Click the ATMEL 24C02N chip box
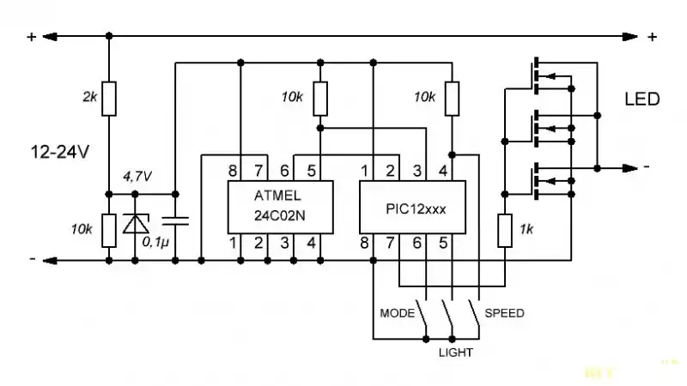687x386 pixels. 281,207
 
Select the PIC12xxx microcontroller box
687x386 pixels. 412,207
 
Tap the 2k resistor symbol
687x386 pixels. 109,99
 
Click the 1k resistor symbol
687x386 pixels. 505,230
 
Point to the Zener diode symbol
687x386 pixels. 136,224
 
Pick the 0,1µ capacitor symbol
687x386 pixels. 175,220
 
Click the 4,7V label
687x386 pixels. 137,177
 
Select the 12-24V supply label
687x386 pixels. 59,153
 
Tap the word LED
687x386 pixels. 641,100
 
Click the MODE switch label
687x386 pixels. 397,313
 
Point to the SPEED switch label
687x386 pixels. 504,313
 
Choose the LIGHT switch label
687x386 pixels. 456,353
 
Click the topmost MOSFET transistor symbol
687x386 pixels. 552,76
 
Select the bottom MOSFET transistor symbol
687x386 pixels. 552,181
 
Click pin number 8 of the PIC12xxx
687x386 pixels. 364,244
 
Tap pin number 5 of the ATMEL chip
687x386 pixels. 311,171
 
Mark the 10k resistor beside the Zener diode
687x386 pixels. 109,231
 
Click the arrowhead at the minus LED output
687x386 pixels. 630,168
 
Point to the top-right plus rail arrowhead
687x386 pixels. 630,37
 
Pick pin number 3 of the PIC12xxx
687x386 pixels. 417,171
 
